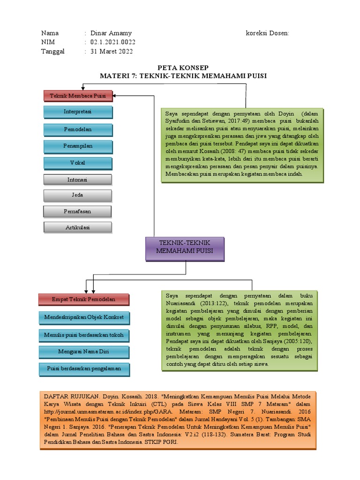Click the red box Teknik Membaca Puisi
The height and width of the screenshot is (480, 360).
[x=78, y=96]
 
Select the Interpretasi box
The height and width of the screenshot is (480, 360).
[x=78, y=112]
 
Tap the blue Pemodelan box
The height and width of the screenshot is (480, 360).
[x=78, y=129]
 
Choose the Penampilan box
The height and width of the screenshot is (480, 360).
[x=78, y=146]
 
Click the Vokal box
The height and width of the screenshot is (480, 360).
[x=78, y=163]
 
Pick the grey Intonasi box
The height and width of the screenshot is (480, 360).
[x=78, y=180]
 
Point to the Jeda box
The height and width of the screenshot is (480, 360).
[x=78, y=195]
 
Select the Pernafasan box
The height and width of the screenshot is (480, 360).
[x=78, y=211]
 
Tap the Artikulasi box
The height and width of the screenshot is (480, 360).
[x=78, y=227]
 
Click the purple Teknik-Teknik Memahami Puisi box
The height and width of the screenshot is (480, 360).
[x=185, y=248]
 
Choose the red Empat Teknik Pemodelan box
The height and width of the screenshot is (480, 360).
[x=83, y=299]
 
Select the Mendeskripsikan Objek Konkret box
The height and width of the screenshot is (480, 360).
[x=83, y=318]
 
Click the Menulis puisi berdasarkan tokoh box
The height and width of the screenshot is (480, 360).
[x=83, y=335]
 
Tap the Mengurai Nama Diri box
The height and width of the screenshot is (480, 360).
[x=83, y=352]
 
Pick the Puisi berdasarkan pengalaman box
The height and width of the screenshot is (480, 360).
[x=83, y=368]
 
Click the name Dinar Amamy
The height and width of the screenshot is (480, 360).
[x=111, y=33]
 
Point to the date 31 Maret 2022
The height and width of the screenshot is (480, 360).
[x=111, y=52]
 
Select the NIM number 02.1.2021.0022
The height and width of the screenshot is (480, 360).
[x=113, y=42]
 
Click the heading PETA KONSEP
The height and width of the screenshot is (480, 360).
[x=183, y=67]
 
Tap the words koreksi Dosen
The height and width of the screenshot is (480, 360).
[x=267, y=33]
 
